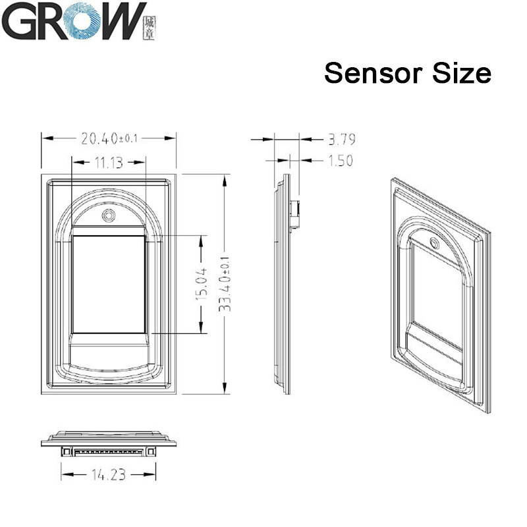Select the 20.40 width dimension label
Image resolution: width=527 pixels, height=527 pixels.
pyautogui.click(x=109, y=138)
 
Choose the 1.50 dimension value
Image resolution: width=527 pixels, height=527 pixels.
pyautogui.click(x=340, y=160)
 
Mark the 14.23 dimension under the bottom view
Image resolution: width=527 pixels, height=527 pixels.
pyautogui.click(x=108, y=473)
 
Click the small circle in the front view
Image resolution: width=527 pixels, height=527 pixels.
pyautogui.click(x=107, y=215)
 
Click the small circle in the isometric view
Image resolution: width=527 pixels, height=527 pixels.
pyautogui.click(x=434, y=242)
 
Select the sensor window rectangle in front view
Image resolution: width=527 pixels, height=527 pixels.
pyautogui.click(x=107, y=284)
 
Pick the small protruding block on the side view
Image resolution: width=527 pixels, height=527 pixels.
pyautogui.click(x=296, y=215)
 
